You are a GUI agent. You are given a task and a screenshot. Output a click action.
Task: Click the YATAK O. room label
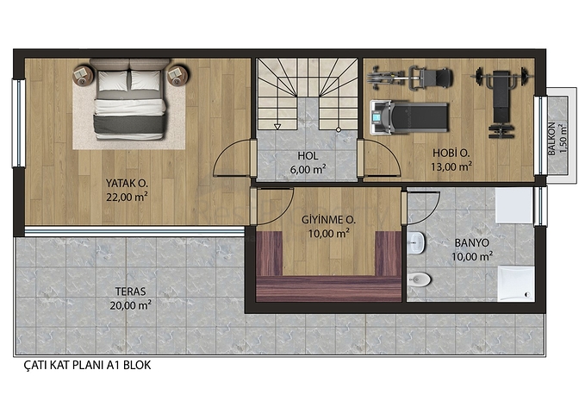[127, 184]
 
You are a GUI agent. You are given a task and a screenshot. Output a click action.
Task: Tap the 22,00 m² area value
[127, 197]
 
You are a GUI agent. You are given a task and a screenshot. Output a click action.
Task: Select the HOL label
[308, 155]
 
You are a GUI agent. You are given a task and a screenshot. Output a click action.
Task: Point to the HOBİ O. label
[451, 153]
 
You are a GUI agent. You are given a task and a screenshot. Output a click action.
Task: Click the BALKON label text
[551, 139]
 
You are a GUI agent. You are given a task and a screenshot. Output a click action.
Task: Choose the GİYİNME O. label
[328, 220]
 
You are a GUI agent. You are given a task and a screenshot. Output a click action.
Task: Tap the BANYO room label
[472, 243]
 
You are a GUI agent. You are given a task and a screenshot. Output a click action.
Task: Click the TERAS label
[130, 292]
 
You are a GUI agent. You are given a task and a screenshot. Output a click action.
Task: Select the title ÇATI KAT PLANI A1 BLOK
[87, 365]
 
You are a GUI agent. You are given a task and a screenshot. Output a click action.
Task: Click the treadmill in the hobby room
[409, 117]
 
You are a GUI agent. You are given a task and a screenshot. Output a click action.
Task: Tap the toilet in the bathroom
[419, 279]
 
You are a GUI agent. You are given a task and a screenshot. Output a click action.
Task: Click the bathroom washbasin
[416, 243]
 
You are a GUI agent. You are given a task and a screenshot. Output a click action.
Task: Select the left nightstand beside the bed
[83, 76]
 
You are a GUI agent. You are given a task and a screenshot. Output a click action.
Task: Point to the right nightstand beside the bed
[177, 76]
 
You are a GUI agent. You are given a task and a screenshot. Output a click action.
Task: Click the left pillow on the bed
[113, 81]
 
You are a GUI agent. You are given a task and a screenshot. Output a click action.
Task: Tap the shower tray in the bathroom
[516, 283]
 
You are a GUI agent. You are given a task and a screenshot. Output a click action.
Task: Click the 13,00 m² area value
[451, 166]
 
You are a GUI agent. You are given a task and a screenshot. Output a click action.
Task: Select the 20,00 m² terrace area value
[130, 305]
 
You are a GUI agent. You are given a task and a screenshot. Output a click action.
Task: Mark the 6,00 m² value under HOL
[308, 169]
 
